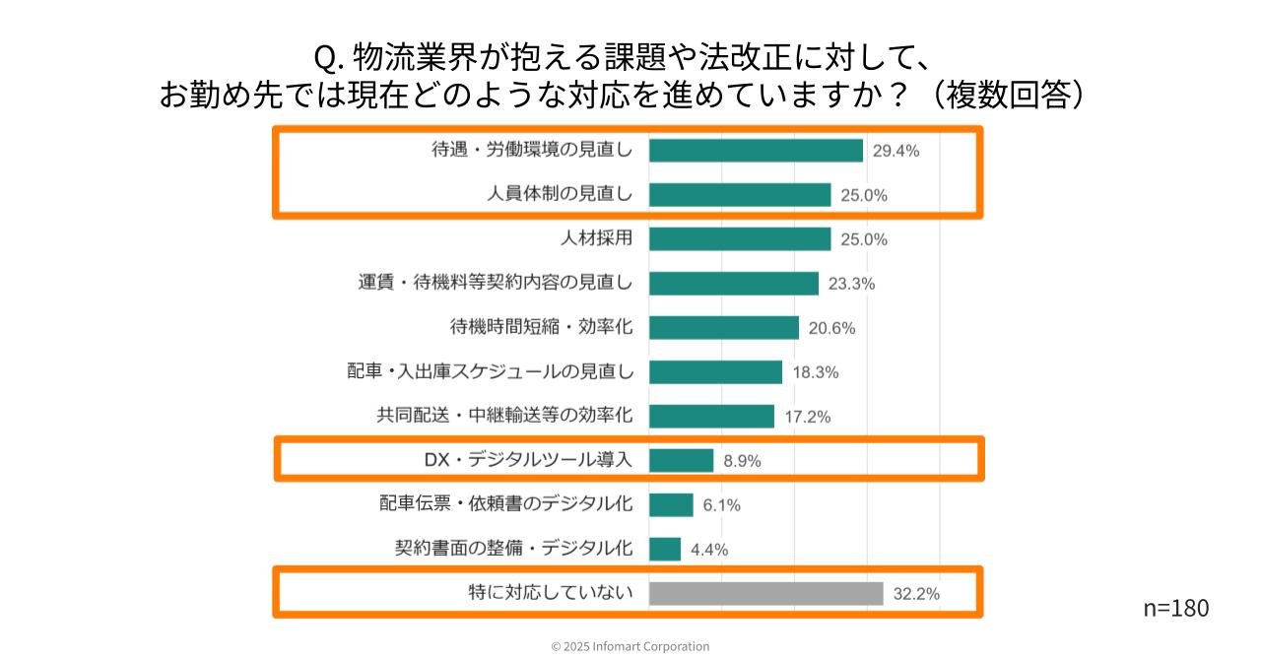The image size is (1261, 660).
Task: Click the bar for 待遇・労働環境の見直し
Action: pyautogui.click(x=756, y=151)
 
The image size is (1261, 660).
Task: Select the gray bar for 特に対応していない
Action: pyautogui.click(x=765, y=594)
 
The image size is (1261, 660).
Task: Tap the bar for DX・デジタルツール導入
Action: pyautogui.click(x=681, y=460)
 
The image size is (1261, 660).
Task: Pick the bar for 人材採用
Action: pyautogui.click(x=740, y=239)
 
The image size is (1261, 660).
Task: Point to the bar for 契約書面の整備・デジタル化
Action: pyautogui.click(x=665, y=549)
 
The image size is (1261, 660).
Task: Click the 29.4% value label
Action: pyautogui.click(x=896, y=151)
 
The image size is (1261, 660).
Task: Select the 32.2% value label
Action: pyautogui.click(x=915, y=594)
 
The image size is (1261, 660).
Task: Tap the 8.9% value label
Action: pyautogui.click(x=742, y=461)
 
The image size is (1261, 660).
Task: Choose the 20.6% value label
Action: pyautogui.click(x=831, y=328)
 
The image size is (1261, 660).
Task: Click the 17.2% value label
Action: pyautogui.click(x=807, y=417)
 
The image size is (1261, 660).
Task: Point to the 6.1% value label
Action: pyautogui.click(x=721, y=505)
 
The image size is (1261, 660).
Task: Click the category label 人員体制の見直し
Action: pyautogui.click(x=560, y=195)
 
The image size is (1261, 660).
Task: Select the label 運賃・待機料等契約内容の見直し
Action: pyautogui.click(x=495, y=283)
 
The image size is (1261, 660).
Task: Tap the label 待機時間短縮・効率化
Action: pyautogui.click(x=541, y=327)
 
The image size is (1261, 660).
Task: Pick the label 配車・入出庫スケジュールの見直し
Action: pyautogui.click(x=490, y=371)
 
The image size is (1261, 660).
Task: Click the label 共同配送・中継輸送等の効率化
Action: pyautogui.click(x=504, y=416)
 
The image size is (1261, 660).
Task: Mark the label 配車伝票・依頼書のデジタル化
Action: pyautogui.click(x=506, y=504)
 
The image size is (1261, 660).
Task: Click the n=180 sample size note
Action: pyautogui.click(x=1175, y=608)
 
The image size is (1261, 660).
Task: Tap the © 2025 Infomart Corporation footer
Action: pyautogui.click(x=630, y=646)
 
